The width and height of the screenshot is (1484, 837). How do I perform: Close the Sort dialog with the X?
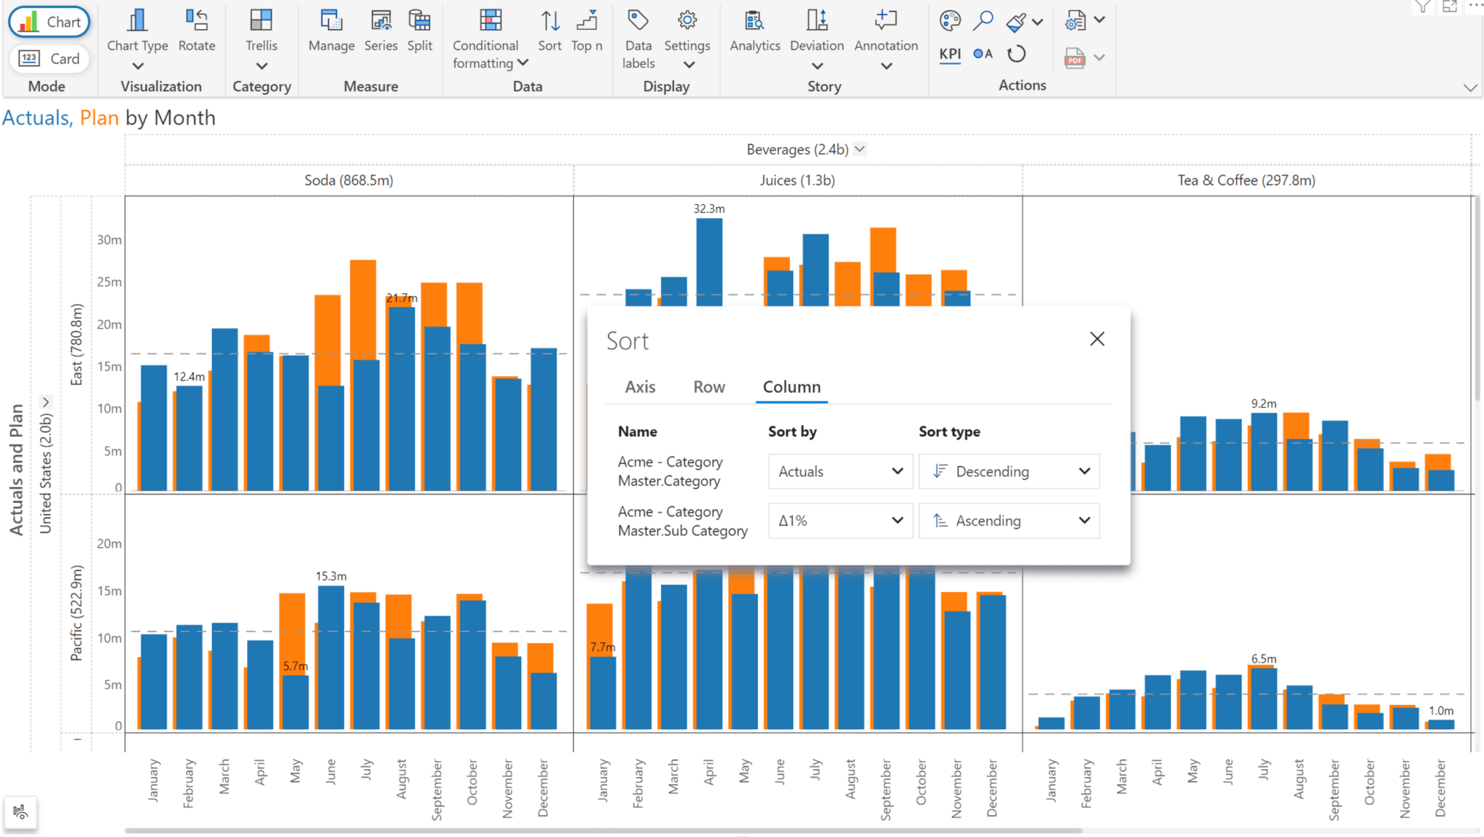(1097, 339)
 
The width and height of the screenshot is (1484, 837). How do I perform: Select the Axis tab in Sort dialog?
(640, 387)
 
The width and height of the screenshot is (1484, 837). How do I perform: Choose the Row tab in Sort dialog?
(709, 387)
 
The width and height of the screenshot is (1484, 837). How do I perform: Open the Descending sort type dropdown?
(1009, 472)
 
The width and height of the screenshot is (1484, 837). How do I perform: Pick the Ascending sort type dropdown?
(1009, 521)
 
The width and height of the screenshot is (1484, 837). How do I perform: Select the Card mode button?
(49, 59)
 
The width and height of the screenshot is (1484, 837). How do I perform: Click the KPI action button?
(949, 54)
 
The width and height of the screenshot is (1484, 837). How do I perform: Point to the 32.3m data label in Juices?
(709, 209)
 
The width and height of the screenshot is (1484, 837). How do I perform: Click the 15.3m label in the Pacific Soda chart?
(331, 576)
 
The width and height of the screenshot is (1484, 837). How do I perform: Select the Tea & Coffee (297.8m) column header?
(1246, 180)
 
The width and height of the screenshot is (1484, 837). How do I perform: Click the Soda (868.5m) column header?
(349, 180)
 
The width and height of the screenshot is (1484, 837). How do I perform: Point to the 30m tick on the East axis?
(109, 240)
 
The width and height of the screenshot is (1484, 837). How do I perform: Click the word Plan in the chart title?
(99, 117)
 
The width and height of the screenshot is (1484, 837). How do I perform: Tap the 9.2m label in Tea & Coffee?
(1264, 404)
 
